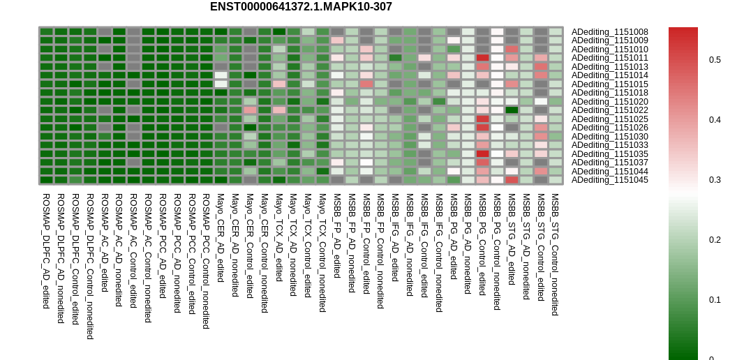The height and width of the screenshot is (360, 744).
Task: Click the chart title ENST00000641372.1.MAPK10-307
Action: (301, 7)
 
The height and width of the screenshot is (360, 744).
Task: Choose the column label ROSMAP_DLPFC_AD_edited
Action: (46, 250)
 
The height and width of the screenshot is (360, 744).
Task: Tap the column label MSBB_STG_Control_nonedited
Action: (555, 254)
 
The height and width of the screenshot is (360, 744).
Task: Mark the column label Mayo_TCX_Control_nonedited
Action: (322, 253)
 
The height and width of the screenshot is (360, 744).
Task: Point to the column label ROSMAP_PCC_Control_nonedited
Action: (206, 260)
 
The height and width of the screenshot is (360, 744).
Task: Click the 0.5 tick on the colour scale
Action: (715, 60)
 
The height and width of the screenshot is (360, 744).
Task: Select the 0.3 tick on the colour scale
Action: (715, 180)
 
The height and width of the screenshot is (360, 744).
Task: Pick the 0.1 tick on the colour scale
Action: (715, 300)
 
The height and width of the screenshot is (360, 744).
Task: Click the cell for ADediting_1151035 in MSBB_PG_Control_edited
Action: (482, 153)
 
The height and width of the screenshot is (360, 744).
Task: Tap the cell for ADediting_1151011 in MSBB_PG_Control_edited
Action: (482, 58)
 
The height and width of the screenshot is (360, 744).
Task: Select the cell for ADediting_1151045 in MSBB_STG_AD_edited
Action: (512, 180)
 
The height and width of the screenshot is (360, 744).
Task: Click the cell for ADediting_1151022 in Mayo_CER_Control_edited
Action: (250, 110)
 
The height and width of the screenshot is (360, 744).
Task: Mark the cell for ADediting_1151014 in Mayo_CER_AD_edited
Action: (221, 75)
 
